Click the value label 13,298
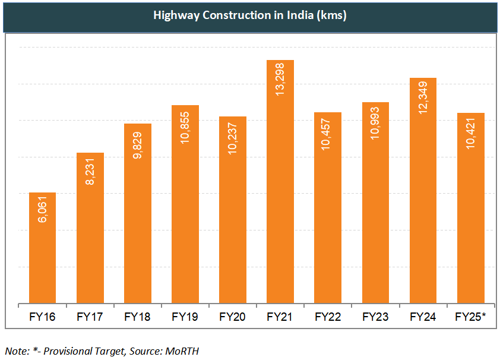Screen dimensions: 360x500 coord(280,80)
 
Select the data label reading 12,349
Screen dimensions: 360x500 coord(423,97)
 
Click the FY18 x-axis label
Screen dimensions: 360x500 coord(137,317)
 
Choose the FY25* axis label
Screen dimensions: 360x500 coord(471,317)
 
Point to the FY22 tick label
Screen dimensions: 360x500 coord(327,317)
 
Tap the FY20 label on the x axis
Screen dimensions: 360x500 coord(232,317)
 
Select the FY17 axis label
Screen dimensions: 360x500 coord(90,317)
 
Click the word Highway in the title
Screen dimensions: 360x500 coord(174,15)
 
